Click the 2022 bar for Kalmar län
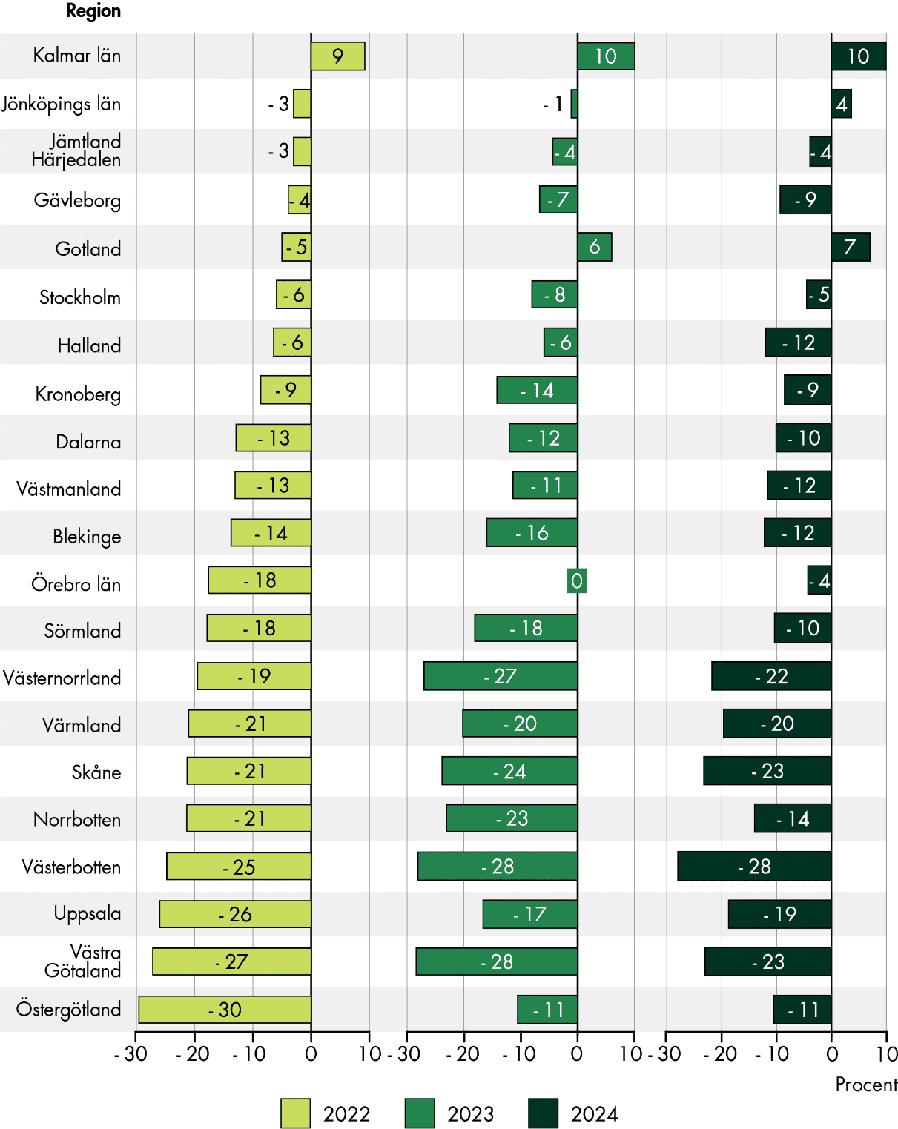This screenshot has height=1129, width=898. point(338,56)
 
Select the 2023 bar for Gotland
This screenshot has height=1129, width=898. point(595,247)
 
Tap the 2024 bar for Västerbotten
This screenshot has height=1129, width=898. point(754,866)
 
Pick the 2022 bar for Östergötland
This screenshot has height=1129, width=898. point(225,1010)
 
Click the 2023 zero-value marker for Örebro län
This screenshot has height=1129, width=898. point(577,580)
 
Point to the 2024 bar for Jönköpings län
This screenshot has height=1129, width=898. point(841,104)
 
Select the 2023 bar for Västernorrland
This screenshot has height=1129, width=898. point(501,676)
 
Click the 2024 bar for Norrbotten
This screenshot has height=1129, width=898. point(793,818)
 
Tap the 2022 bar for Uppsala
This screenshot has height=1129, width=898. point(235,914)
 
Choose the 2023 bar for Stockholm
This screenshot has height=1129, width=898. point(555,294)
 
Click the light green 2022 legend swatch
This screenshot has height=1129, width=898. point(295,1113)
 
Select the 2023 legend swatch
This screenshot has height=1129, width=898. point(420,1113)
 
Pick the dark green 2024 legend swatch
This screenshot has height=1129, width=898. point(543,1113)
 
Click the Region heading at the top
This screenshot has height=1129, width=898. point(93,11)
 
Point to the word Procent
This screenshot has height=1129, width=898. point(865,1085)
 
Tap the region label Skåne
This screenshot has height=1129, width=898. point(96,772)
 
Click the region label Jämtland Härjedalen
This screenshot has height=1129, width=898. point(76,150)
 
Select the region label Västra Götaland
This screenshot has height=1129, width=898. point(83,961)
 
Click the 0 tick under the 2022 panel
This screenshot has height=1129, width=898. point(311,1053)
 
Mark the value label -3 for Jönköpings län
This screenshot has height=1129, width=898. point(279,105)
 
